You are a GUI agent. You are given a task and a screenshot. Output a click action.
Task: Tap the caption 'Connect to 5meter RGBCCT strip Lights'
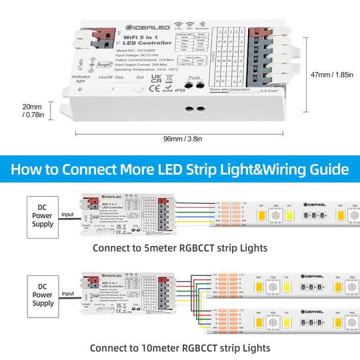click(x=180, y=248)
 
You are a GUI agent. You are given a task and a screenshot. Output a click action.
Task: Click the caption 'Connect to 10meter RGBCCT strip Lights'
click(x=180, y=347)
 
